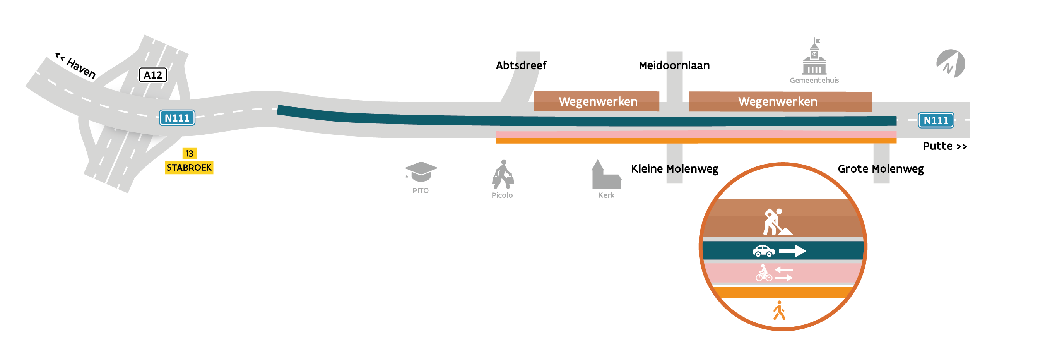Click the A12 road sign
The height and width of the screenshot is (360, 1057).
(x=153, y=75)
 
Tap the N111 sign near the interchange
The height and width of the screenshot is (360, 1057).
(x=177, y=118)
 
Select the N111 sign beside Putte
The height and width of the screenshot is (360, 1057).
(x=936, y=120)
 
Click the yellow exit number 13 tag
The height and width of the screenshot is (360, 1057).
(x=189, y=154)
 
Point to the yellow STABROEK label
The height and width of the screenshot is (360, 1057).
(x=189, y=168)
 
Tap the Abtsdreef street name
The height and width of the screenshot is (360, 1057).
(x=521, y=65)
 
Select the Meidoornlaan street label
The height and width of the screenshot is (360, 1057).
(x=674, y=65)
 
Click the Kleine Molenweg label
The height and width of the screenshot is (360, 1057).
(x=675, y=169)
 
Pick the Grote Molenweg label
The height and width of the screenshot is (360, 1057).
(x=881, y=169)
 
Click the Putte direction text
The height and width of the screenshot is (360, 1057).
(x=944, y=146)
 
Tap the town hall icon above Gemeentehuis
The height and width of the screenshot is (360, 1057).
(x=814, y=56)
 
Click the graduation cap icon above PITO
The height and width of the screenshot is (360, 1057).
(x=421, y=171)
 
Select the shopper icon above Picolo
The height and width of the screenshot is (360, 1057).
(x=503, y=175)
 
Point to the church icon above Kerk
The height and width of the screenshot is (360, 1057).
(x=606, y=175)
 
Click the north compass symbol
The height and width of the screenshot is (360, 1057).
(x=951, y=63)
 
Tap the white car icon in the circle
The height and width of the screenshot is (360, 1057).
(x=763, y=251)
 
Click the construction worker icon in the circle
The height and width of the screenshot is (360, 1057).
(x=777, y=222)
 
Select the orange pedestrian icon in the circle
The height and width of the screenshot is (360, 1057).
(x=779, y=310)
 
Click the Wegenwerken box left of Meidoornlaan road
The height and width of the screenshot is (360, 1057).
(x=596, y=101)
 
